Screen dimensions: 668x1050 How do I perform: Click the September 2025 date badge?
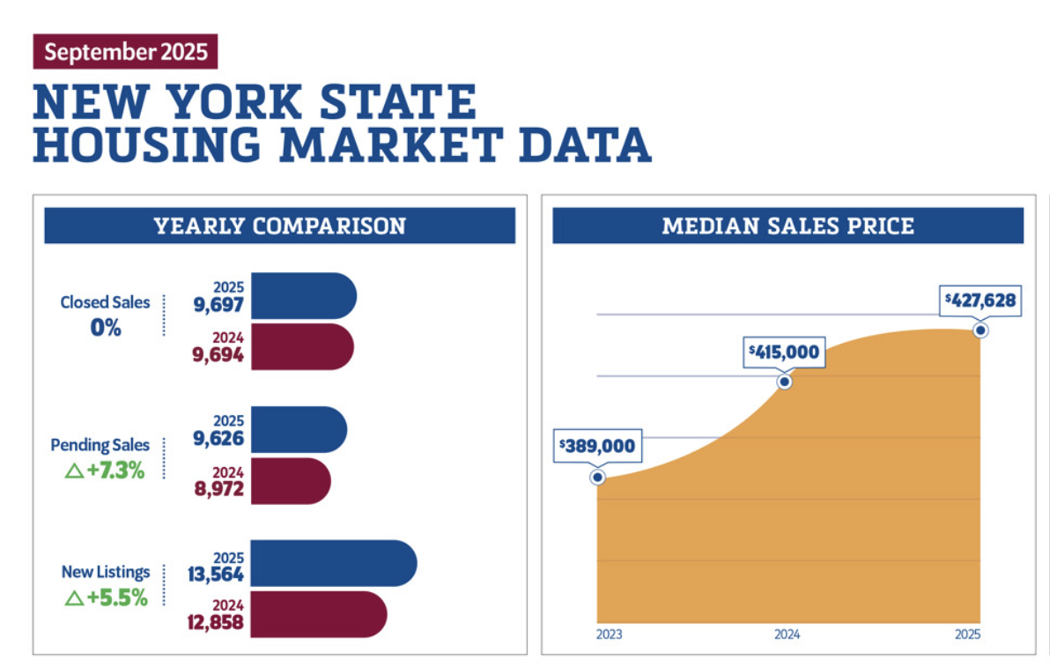click(125, 51)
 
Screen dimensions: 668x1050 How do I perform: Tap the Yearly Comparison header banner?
click(279, 226)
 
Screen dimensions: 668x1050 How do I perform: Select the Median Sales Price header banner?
click(787, 226)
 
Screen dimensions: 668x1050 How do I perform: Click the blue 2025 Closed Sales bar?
click(304, 295)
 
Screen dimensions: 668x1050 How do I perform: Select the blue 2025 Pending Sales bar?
click(299, 428)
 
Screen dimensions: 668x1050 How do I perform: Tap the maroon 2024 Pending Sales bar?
click(291, 481)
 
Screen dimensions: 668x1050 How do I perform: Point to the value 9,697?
click(218, 306)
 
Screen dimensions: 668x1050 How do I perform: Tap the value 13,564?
click(215, 574)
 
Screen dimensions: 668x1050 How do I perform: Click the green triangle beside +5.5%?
click(74, 597)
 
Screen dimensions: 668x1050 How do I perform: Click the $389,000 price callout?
click(596, 446)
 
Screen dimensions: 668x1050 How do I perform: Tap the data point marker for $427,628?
click(980, 330)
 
